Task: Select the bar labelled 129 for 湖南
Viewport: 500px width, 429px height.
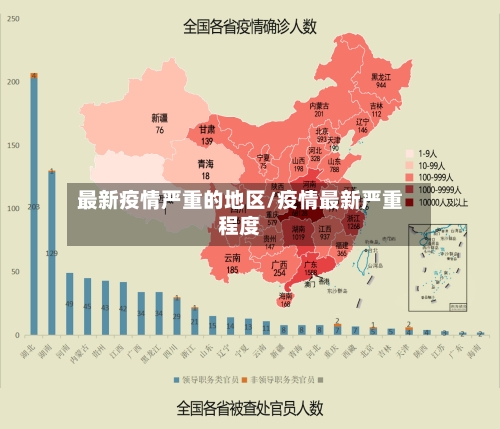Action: coord(52,251)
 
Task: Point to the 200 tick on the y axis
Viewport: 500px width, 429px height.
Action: coord(13,82)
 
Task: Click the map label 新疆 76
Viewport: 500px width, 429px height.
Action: coord(159,123)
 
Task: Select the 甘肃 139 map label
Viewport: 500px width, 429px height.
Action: coord(207,135)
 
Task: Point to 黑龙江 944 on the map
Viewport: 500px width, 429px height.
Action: coord(380,80)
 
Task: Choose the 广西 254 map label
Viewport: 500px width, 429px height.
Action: coord(280,268)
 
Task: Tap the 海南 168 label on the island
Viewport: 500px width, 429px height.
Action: coord(286,299)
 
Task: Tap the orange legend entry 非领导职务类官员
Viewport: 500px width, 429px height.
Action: coord(284,381)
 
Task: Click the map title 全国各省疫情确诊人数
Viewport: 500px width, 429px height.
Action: coord(249,27)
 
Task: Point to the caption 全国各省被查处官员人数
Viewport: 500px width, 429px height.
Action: coord(249,407)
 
